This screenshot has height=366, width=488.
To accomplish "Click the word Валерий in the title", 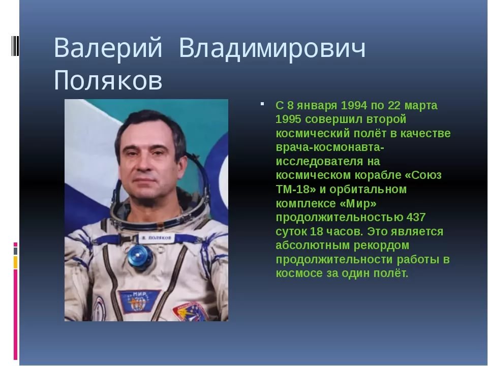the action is [108, 48].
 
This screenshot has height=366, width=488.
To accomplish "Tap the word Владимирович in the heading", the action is [272, 48].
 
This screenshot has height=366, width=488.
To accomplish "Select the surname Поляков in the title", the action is [108, 80].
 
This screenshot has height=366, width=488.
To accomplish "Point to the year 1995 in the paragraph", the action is [289, 119].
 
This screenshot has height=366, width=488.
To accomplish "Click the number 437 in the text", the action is [416, 217].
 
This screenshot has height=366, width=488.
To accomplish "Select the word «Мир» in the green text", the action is [357, 203].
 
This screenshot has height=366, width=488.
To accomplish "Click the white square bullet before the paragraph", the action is [262, 104].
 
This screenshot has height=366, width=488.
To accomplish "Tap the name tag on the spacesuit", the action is [156, 238].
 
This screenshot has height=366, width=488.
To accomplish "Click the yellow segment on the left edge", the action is [15, 262].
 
